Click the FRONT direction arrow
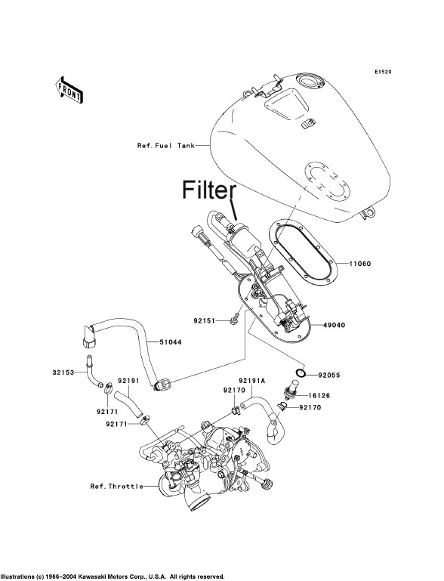69,90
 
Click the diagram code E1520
383,72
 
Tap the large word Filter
209,190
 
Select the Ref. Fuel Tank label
166,146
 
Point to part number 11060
360,264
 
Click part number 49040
334,325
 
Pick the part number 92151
204,320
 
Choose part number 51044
171,342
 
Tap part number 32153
63,372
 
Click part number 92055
329,375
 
